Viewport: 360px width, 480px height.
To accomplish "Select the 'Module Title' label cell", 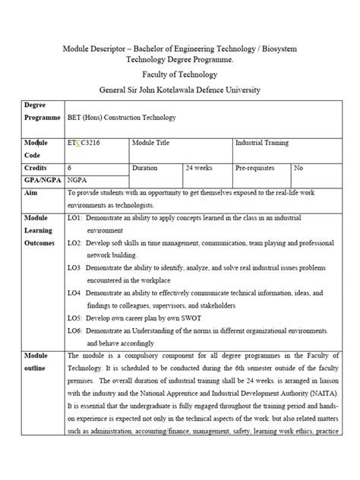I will [154, 142].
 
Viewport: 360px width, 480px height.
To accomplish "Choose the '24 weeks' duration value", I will [200, 166].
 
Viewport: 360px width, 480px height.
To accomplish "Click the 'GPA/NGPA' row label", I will [43, 180].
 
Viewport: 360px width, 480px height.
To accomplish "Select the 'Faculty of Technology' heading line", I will [180, 74].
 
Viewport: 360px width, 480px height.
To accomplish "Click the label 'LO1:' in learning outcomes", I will [74, 218].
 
